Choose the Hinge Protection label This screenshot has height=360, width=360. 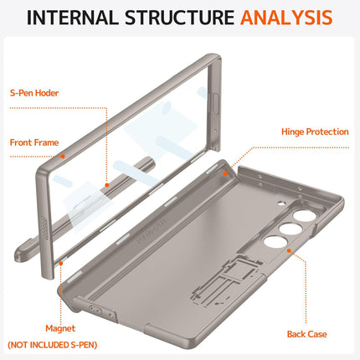pos(315,131)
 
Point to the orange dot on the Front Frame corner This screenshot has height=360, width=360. pos(63,155)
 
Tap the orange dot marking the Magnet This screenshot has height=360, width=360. pos(63,261)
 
